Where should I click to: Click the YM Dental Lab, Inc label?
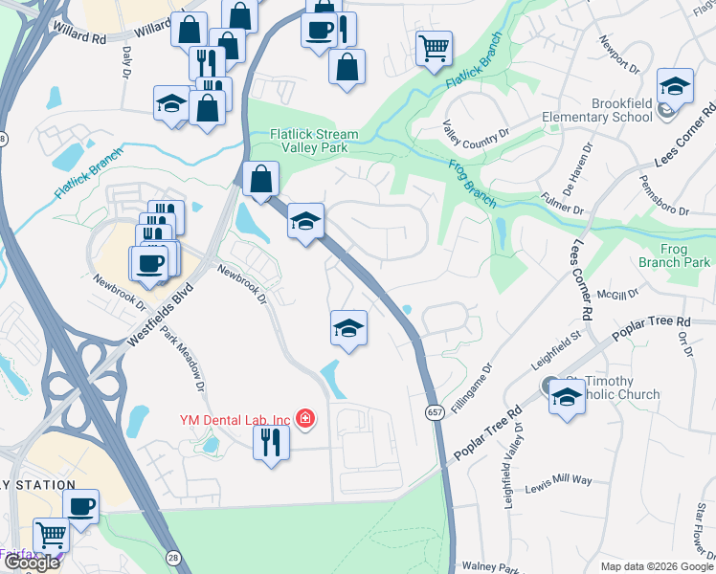coord(235,419)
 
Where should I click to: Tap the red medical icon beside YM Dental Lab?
coord(304,419)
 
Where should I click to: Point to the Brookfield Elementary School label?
coord(594,110)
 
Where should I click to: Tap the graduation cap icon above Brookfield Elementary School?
coord(675,87)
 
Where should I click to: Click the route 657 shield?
coord(434,409)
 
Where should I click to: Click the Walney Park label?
coord(489,566)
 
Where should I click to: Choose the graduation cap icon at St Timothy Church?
coord(567,395)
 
